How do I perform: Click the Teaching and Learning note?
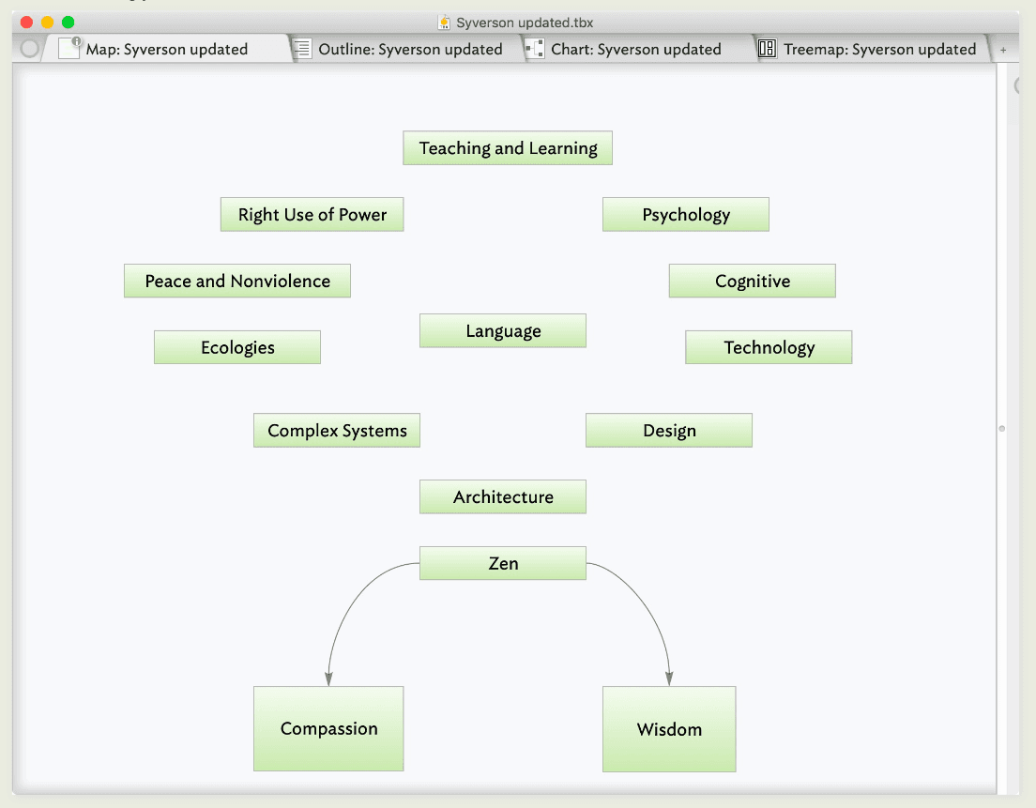pyautogui.click(x=508, y=148)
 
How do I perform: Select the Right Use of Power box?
pyautogui.click(x=312, y=214)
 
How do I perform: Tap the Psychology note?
pyautogui.click(x=686, y=214)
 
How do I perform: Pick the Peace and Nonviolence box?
pyautogui.click(x=237, y=281)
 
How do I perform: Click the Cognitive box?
pyautogui.click(x=753, y=281)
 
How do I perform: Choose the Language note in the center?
pyautogui.click(x=503, y=330)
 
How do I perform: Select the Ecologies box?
pyautogui.click(x=237, y=347)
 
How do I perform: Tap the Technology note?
pyautogui.click(x=769, y=347)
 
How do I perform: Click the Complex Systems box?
pyautogui.click(x=337, y=430)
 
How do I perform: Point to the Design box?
pyautogui.click(x=669, y=430)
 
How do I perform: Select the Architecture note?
pyautogui.click(x=503, y=496)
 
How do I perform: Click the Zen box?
pyautogui.click(x=503, y=563)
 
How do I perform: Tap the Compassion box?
pyautogui.click(x=328, y=729)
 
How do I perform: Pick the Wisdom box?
pyautogui.click(x=669, y=729)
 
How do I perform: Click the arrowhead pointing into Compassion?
pyautogui.click(x=328, y=679)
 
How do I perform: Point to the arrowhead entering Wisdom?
pyautogui.click(x=669, y=679)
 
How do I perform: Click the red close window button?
pyautogui.click(x=27, y=23)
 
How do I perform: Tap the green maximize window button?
pyautogui.click(x=69, y=23)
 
